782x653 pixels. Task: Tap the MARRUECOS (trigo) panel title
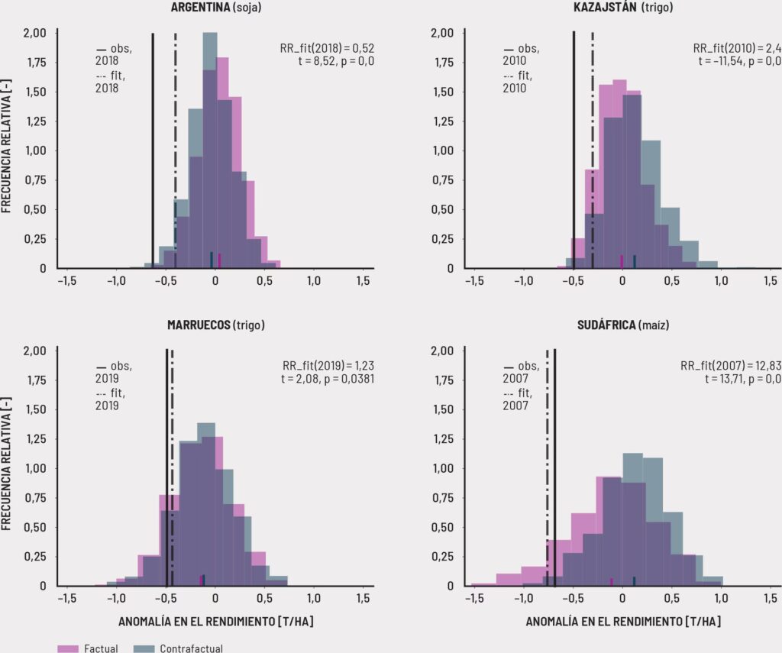click(215, 324)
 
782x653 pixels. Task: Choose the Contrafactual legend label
click(191, 648)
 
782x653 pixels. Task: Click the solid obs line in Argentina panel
click(153, 153)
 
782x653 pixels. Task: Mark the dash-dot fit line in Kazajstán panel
click(593, 153)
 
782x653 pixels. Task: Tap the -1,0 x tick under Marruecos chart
click(116, 598)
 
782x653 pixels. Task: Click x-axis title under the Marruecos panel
click(215, 622)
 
